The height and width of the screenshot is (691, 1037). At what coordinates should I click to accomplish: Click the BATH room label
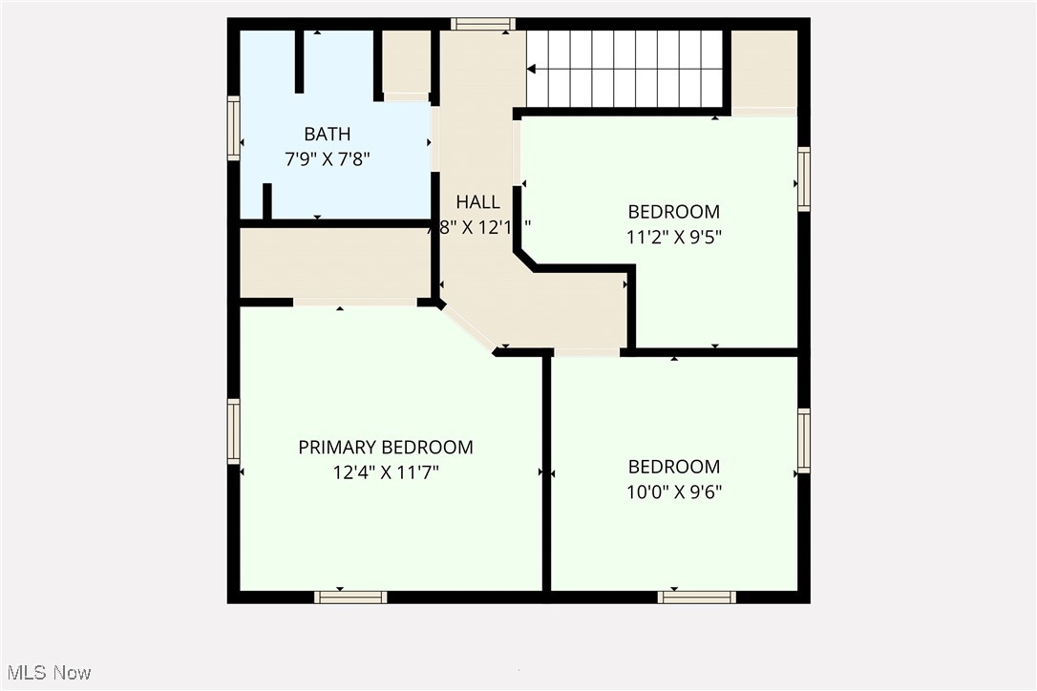coord(327,134)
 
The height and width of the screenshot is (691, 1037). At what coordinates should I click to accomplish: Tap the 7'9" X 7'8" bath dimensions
coord(327,159)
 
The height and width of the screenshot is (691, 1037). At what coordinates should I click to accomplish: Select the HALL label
coord(477,202)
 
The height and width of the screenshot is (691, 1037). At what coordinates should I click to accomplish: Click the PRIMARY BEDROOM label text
coord(386,447)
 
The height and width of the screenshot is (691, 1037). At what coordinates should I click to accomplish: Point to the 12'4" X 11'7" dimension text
coord(386,472)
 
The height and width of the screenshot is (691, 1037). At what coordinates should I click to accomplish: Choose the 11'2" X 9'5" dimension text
coord(673,238)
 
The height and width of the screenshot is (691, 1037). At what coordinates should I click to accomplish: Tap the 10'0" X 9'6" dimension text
coord(674,492)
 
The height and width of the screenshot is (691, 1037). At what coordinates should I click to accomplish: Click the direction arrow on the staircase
coord(532,69)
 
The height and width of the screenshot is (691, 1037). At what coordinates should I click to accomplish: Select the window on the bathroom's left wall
coord(233,128)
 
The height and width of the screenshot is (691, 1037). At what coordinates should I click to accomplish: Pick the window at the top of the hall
coord(483,24)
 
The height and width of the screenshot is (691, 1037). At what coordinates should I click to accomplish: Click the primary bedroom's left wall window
coord(233,431)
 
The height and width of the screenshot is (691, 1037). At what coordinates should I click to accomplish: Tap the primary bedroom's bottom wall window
coord(350,597)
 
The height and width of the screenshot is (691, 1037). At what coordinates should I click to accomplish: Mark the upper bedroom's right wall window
coord(804,178)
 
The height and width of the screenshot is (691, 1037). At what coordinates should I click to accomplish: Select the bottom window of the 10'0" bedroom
coord(697,597)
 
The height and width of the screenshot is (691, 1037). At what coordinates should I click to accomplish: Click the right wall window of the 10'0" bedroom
coord(804,440)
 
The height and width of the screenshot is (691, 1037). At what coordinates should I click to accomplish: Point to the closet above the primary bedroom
coord(334,262)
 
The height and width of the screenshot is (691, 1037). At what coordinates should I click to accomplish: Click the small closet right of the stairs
coord(764,70)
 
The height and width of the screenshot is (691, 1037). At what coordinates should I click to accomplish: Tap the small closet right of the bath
coord(407,62)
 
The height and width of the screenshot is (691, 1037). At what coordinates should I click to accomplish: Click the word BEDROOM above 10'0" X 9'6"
coord(674,467)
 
